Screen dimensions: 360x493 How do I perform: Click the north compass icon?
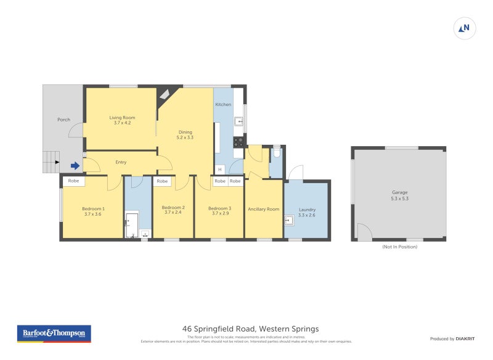(x=465, y=28)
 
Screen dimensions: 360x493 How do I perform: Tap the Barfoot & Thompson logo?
(x=53, y=333)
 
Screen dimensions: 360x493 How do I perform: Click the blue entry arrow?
(x=75, y=165)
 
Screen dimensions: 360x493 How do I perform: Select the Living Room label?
(x=122, y=117)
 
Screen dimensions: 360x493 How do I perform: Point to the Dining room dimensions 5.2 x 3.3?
(x=185, y=137)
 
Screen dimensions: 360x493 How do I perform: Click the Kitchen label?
(x=223, y=105)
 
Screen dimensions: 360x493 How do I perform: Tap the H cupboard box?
(x=219, y=170)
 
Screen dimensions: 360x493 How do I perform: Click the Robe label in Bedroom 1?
(x=74, y=181)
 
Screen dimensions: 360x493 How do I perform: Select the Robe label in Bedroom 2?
(x=162, y=181)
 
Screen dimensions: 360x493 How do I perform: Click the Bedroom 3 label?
(x=219, y=208)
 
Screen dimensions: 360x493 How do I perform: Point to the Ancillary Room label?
(x=263, y=209)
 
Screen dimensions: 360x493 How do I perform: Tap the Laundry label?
(x=307, y=210)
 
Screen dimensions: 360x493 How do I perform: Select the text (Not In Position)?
(x=399, y=247)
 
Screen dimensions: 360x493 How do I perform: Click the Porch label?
(x=63, y=120)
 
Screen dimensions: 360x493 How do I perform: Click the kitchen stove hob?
(x=238, y=142)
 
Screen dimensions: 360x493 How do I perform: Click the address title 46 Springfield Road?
(x=250, y=329)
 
